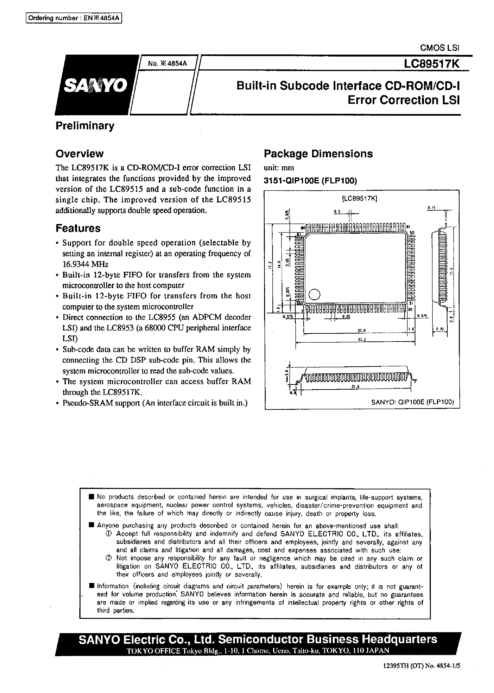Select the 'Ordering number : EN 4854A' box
coord(74,18)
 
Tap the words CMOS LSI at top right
coord(440,48)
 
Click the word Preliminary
coord(85,125)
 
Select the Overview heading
coord(79,154)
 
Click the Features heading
coord(78,228)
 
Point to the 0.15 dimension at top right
coord(431,208)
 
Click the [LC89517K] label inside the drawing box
coord(360,199)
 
